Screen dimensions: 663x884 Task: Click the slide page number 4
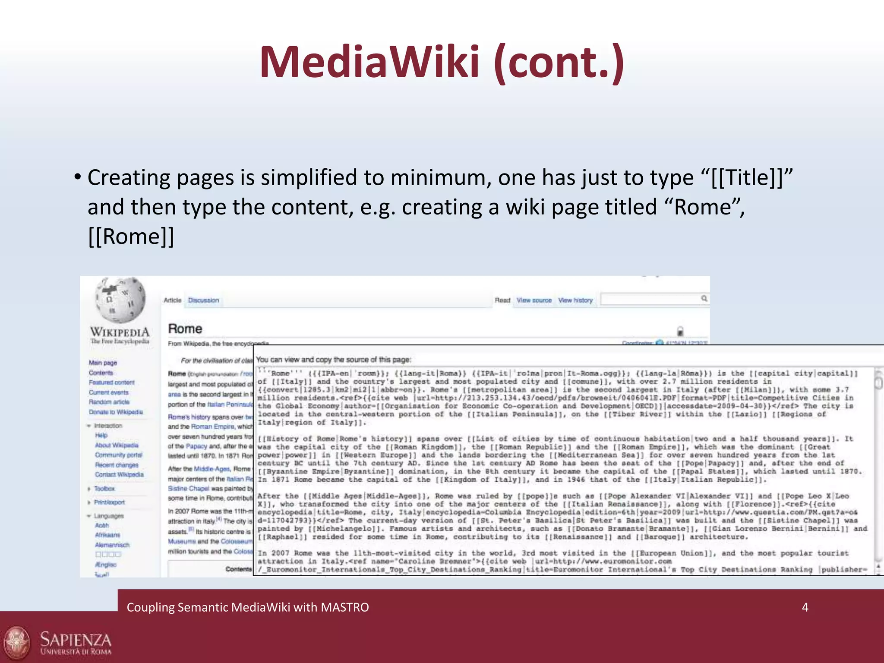click(805, 607)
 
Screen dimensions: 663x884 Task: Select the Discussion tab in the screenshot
click(203, 300)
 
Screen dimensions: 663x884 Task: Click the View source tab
click(534, 300)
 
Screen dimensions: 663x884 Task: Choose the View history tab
click(575, 300)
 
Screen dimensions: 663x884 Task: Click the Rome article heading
click(185, 329)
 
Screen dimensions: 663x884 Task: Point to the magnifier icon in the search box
click(704, 298)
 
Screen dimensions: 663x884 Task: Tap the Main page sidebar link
click(103, 363)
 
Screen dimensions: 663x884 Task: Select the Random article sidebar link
click(109, 402)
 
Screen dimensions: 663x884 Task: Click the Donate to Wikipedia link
click(116, 412)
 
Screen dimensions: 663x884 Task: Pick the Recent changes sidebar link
click(117, 465)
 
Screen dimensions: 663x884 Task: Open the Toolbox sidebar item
click(104, 489)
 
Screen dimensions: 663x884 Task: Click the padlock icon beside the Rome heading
click(680, 331)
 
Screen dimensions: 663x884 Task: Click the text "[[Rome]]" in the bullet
click(131, 237)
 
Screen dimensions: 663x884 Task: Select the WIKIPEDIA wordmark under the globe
click(120, 332)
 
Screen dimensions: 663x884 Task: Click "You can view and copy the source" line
click(333, 360)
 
